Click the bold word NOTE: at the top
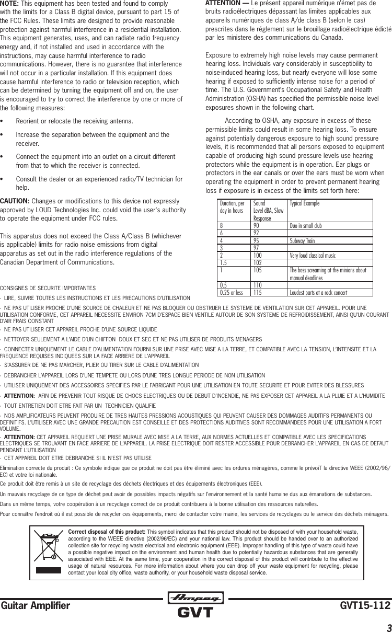point(10,3)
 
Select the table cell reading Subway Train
point(304,241)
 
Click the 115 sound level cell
point(257,293)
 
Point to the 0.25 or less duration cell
point(232,293)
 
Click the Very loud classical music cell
point(313,256)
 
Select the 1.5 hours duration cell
point(225,263)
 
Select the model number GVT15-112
point(365,605)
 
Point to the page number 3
point(388,626)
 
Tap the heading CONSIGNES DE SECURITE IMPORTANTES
point(48,288)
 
